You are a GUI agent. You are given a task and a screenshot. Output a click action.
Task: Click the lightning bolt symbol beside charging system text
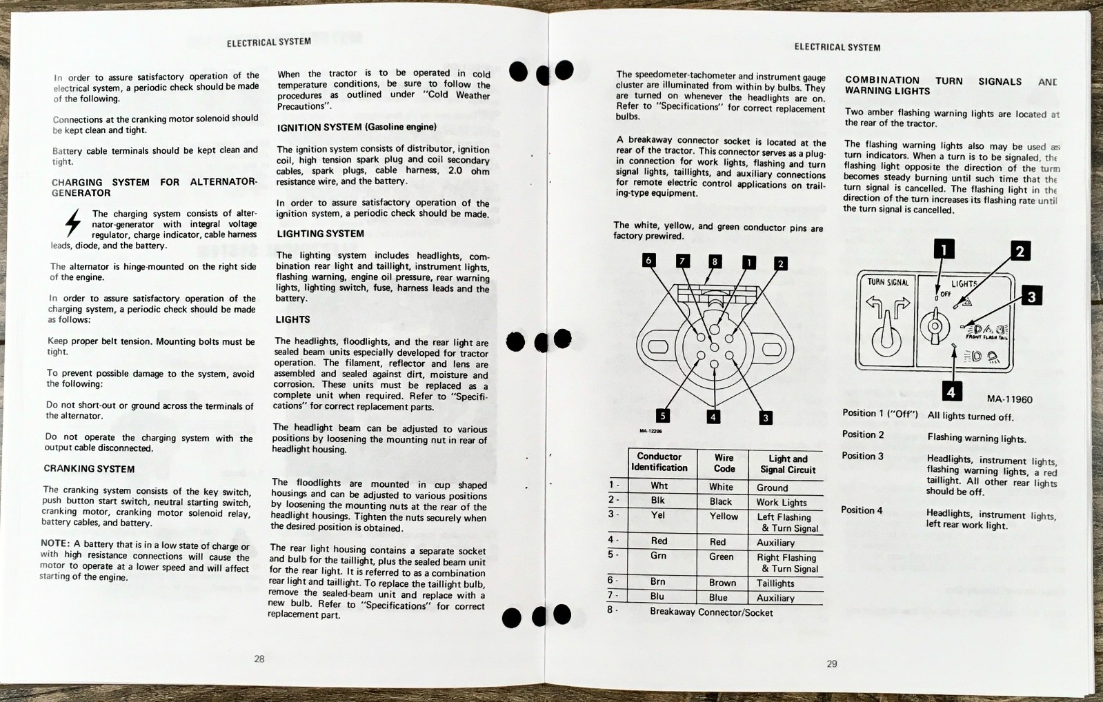tap(72, 223)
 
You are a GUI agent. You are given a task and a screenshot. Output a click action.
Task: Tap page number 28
tap(259, 659)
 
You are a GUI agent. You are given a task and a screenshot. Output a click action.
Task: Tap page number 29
tap(832, 663)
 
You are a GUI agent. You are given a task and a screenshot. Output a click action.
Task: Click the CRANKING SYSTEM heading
tap(89, 469)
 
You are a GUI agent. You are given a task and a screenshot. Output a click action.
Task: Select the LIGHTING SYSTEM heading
tap(320, 234)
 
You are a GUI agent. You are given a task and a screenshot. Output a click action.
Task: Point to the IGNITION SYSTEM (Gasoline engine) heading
tap(356, 128)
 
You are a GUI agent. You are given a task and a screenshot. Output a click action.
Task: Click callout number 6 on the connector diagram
tap(648, 260)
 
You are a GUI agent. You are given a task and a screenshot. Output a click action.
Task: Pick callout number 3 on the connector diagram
tap(764, 417)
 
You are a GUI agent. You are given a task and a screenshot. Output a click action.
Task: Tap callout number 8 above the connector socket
tap(715, 261)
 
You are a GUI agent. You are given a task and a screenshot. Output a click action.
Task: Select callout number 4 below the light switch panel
tap(951, 392)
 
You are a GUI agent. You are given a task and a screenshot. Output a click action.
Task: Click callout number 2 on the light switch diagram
tap(1020, 251)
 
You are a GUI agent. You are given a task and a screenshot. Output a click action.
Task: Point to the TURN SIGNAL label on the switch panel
tap(888, 282)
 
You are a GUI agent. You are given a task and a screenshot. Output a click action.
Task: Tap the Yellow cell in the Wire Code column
tap(724, 517)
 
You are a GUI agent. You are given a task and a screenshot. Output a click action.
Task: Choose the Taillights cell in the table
tap(775, 583)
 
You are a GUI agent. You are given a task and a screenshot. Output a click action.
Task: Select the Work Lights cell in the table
tap(781, 503)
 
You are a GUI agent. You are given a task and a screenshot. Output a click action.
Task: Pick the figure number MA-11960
tap(1009, 399)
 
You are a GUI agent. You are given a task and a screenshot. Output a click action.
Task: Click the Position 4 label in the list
tap(862, 510)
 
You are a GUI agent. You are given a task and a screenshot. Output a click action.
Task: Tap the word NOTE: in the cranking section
tap(55, 543)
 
